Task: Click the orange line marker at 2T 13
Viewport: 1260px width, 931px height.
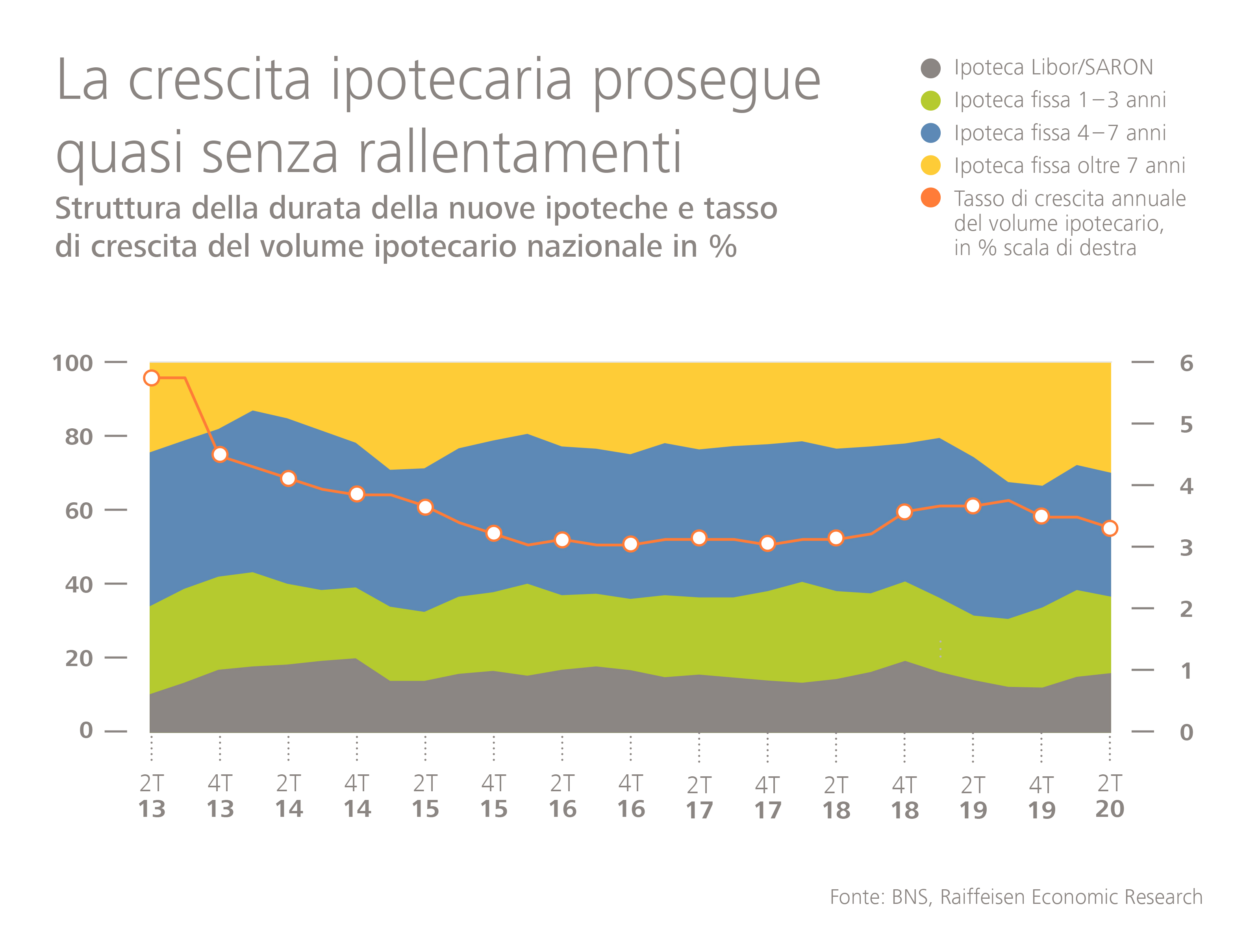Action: click(152, 378)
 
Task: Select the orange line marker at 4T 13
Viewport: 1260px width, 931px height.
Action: click(220, 454)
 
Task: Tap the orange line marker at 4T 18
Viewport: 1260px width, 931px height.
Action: click(904, 512)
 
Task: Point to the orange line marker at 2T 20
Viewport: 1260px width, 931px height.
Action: click(1110, 528)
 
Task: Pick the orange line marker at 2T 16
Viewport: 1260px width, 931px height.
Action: click(562, 540)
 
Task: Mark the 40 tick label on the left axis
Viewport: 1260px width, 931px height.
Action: click(79, 585)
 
